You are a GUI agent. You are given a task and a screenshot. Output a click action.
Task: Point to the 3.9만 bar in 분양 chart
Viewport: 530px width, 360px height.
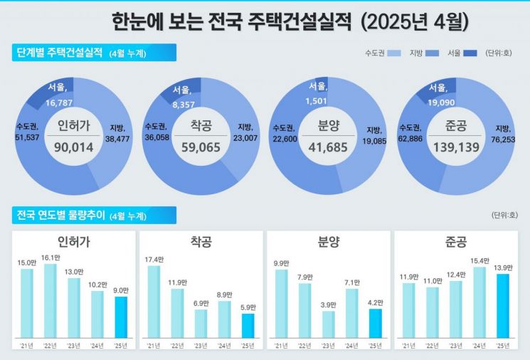pos(329,324)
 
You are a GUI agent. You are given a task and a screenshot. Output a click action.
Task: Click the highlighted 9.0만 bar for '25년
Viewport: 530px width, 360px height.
pos(121,317)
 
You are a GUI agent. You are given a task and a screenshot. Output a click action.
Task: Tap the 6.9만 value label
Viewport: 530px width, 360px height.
pos(201,304)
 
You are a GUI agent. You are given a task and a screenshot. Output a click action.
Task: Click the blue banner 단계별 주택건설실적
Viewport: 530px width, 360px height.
pos(58,53)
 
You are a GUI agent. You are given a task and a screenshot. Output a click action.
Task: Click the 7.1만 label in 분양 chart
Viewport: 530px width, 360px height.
pos(352,282)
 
